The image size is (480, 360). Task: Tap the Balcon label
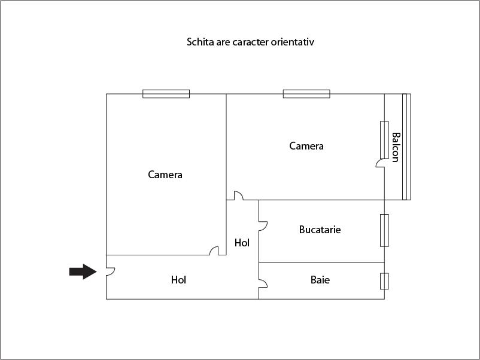pos(395,147)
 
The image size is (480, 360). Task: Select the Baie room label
pos(320,280)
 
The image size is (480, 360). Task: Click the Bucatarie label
pos(320,230)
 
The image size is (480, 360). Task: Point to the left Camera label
pos(165,175)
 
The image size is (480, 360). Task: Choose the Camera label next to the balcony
pos(306,146)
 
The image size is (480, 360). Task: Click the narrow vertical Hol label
pos(242,243)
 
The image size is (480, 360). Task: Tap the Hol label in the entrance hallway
pos(178,280)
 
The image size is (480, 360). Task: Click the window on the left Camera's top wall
pos(166,94)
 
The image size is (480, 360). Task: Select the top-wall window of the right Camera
pos(306,94)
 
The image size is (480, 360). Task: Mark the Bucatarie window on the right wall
pos(384,230)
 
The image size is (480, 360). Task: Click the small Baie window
pos(384,281)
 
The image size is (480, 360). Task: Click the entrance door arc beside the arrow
pos(110,271)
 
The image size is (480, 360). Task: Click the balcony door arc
pos(380,163)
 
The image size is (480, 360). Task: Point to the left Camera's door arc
pos(214,251)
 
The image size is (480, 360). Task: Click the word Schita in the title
pos(199,42)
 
